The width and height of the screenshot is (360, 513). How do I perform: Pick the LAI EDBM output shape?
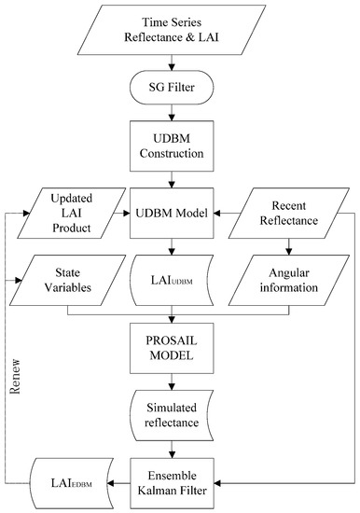(70, 482)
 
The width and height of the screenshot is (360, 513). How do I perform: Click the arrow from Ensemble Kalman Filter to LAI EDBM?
(120, 483)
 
